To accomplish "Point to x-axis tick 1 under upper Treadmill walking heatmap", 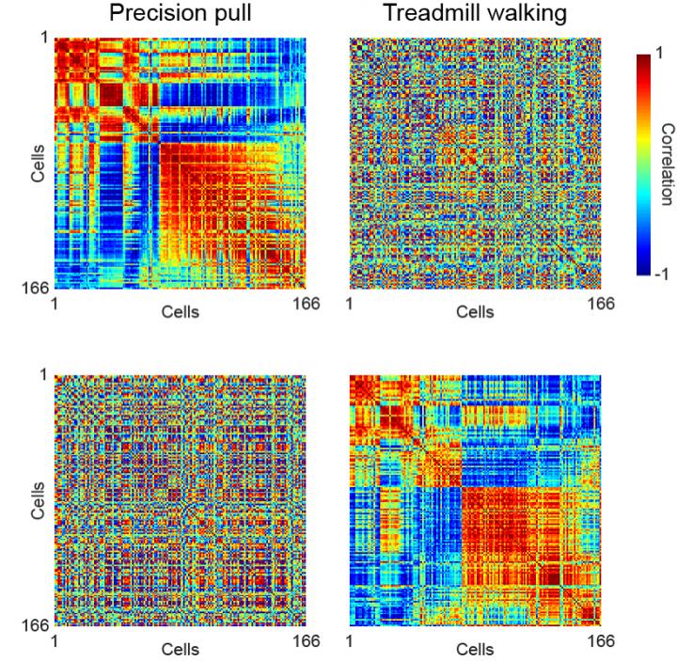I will [350, 304].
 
